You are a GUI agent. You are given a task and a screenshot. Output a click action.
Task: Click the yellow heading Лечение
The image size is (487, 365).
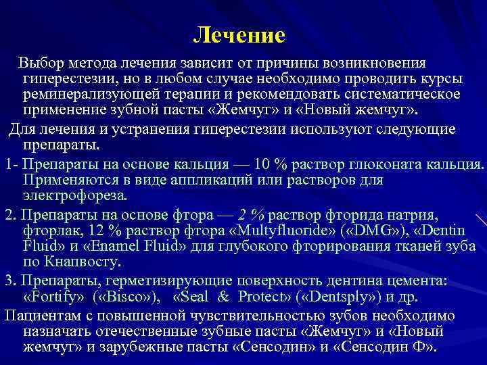239,34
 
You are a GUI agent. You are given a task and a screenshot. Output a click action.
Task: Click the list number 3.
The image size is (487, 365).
8,280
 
